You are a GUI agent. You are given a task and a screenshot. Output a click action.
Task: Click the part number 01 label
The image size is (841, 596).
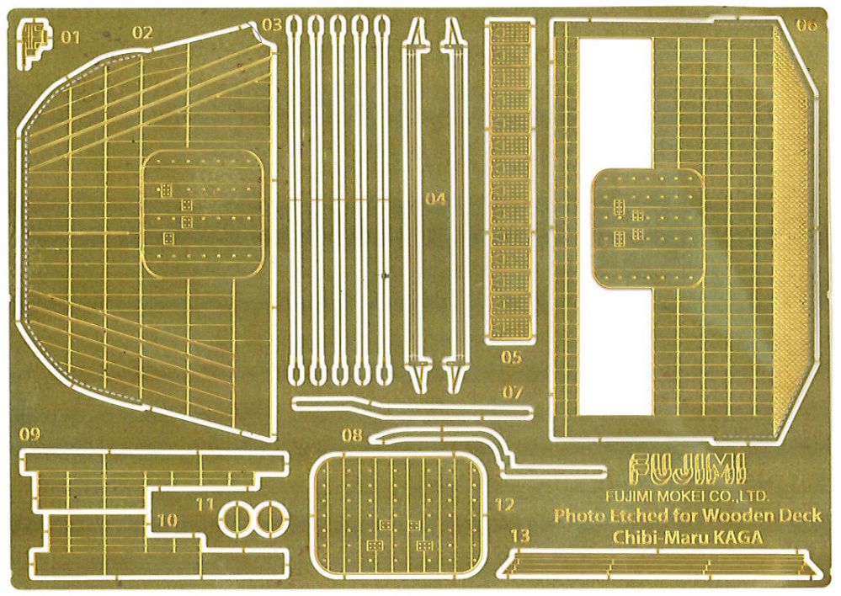[70, 37]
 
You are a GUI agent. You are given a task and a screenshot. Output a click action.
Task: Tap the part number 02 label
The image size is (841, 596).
[142, 34]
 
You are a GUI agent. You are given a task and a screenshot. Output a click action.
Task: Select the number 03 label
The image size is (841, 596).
[272, 24]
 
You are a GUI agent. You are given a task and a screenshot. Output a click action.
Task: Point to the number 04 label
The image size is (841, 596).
[435, 200]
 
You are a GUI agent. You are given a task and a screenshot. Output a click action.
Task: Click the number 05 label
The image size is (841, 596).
[511, 357]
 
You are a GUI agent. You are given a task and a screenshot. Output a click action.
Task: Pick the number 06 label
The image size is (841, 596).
[807, 24]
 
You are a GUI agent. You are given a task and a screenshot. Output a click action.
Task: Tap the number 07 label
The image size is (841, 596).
[512, 392]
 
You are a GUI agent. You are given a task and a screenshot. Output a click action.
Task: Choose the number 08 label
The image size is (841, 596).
[353, 435]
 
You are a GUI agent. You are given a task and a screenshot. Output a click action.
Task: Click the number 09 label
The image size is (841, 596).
[29, 434]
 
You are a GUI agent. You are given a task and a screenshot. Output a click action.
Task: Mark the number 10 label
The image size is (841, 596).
[167, 520]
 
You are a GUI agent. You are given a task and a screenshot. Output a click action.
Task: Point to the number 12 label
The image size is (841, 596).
[504, 505]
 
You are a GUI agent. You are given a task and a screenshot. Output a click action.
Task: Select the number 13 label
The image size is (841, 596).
[519, 535]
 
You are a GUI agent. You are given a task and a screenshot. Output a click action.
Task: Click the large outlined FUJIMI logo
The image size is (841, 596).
[688, 469]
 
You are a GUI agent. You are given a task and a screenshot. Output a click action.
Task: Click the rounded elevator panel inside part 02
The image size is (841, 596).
[202, 214]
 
